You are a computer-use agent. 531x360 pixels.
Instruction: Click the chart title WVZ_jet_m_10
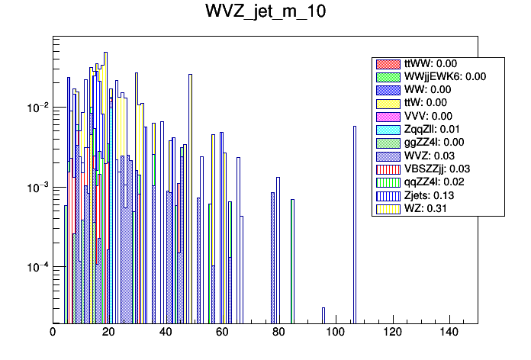(265, 13)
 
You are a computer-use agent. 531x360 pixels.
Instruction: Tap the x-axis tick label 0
(53, 333)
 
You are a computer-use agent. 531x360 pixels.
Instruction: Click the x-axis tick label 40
(166, 333)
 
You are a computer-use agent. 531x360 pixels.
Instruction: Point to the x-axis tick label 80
(279, 333)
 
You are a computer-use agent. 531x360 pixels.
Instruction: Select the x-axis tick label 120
(392, 333)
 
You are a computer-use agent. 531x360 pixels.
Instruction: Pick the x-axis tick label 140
(449, 333)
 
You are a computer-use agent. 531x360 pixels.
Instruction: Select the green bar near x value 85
(292, 259)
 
